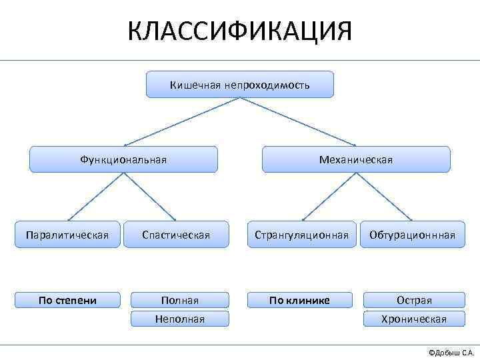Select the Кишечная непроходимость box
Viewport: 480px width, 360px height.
pos(240,85)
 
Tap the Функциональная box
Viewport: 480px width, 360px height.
pos(123,159)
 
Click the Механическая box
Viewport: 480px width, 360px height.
pos(356,159)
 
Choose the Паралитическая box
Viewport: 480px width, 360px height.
pos(67,235)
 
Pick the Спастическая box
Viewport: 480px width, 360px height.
pos(176,235)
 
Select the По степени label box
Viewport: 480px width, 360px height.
pos(67,300)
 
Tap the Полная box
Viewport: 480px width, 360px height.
pos(180,301)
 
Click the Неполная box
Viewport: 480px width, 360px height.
pos(180,319)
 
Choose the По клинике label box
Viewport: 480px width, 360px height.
pos(299,300)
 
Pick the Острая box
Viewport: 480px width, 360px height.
pos(414,301)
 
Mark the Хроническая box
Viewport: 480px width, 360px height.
pos(414,319)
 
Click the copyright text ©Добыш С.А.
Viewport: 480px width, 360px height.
pos(451,351)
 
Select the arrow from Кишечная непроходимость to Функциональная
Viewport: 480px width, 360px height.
pos(181,122)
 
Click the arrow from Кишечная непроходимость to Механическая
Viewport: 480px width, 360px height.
pos(298,122)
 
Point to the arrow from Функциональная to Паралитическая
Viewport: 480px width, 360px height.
pos(95,197)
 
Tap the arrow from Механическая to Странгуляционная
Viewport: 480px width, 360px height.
pos(329,197)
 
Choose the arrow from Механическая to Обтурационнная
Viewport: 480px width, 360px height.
pos(384,197)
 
